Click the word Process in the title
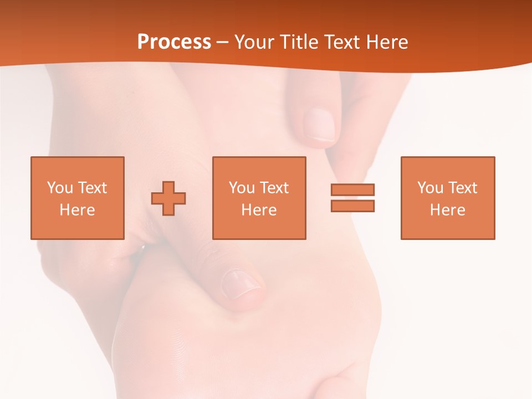point(174,42)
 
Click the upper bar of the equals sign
point(352,190)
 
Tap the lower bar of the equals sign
point(352,206)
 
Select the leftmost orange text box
point(77,166)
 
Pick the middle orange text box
point(259,166)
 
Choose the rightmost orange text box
point(447,166)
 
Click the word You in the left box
point(60,188)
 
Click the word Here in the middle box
point(259,210)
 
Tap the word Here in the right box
point(447,210)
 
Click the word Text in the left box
point(93,188)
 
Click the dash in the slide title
point(223,43)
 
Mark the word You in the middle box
point(242,188)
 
